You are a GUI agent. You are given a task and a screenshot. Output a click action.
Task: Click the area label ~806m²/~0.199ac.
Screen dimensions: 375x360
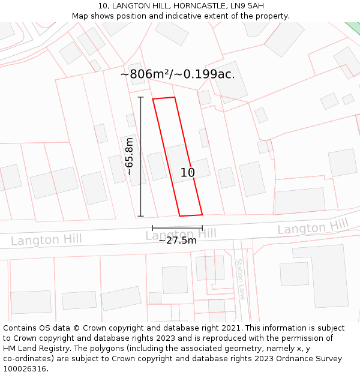[178, 74]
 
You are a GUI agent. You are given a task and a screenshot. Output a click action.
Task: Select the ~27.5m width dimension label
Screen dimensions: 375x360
[177, 241]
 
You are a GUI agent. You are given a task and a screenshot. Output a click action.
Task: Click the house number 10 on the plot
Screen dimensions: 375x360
[188, 173]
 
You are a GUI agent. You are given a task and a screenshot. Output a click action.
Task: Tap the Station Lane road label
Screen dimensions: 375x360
[241, 279]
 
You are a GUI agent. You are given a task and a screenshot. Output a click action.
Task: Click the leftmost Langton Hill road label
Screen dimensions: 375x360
[46, 240]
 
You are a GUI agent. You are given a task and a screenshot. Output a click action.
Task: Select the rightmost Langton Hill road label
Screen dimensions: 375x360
[313, 227]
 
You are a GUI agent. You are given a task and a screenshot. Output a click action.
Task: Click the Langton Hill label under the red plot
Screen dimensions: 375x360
[181, 233]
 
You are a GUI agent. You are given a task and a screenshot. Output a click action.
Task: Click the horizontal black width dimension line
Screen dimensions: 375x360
[177, 228]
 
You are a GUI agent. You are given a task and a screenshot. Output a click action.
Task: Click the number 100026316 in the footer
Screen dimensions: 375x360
[24, 369]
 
